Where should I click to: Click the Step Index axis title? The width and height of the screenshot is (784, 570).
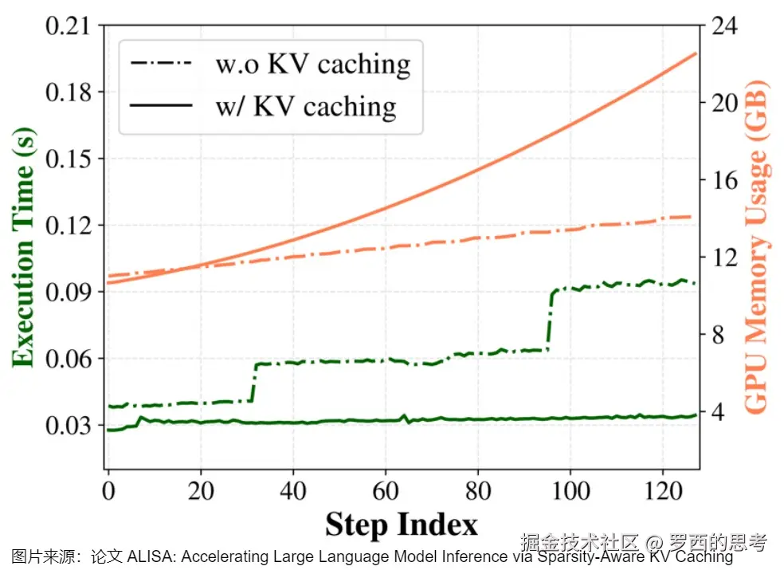tap(401, 525)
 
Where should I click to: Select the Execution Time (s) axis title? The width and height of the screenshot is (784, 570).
tap(24, 247)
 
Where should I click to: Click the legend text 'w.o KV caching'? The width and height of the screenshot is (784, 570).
tap(312, 64)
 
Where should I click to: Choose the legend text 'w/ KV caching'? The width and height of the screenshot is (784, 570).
tap(305, 106)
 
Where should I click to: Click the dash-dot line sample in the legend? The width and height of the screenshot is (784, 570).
tap(163, 62)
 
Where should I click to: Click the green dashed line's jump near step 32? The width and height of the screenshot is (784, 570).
tap(254, 383)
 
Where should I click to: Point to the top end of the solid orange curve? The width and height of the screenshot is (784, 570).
tap(696, 53)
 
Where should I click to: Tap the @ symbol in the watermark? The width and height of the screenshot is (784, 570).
tap(653, 544)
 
